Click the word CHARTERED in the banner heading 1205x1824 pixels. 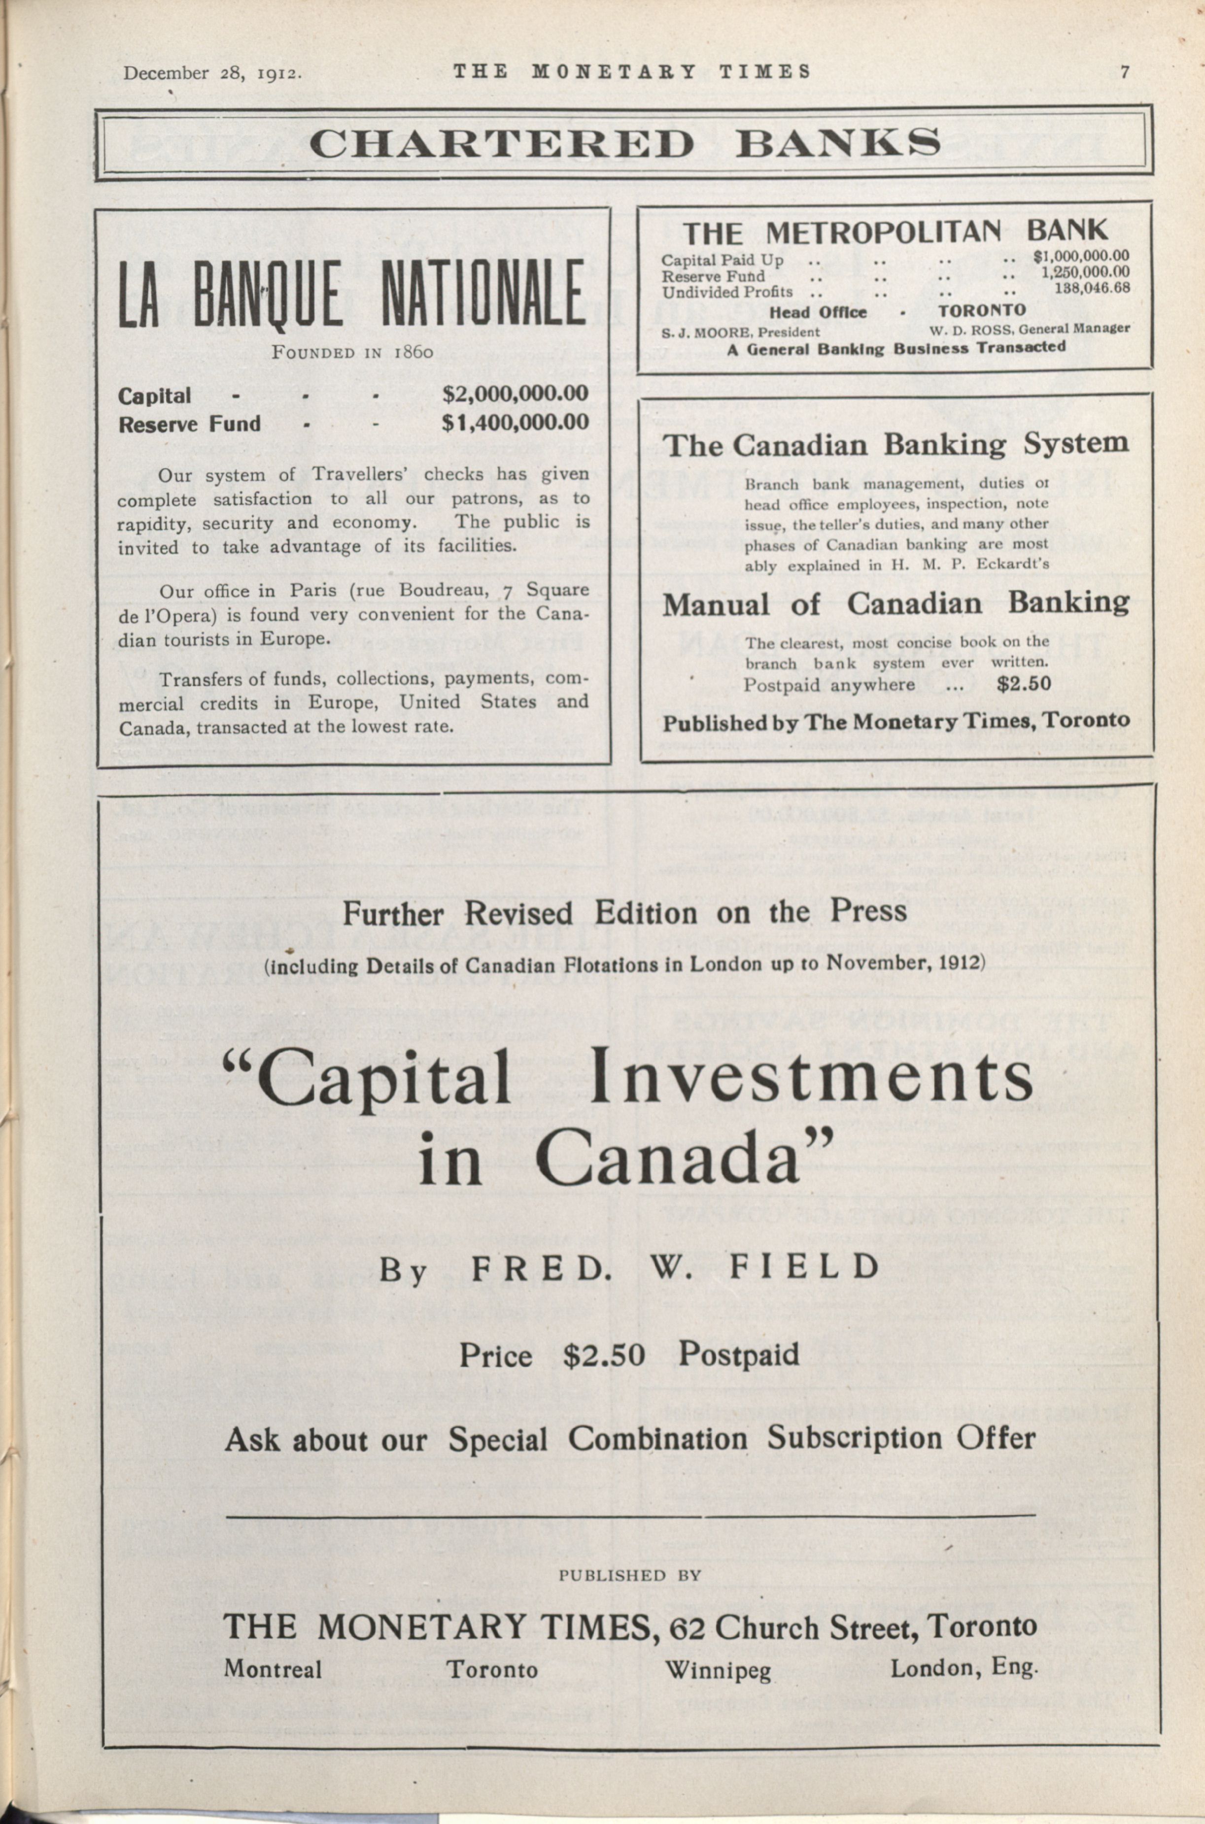tap(502, 144)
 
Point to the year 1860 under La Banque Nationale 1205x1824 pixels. tap(413, 353)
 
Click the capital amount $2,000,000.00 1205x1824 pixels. tap(515, 394)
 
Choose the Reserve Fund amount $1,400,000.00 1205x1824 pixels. tap(515, 423)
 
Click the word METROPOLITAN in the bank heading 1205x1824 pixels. tap(884, 232)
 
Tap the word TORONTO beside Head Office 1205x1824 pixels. tap(981, 310)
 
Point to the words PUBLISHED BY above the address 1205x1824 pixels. tap(629, 1575)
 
